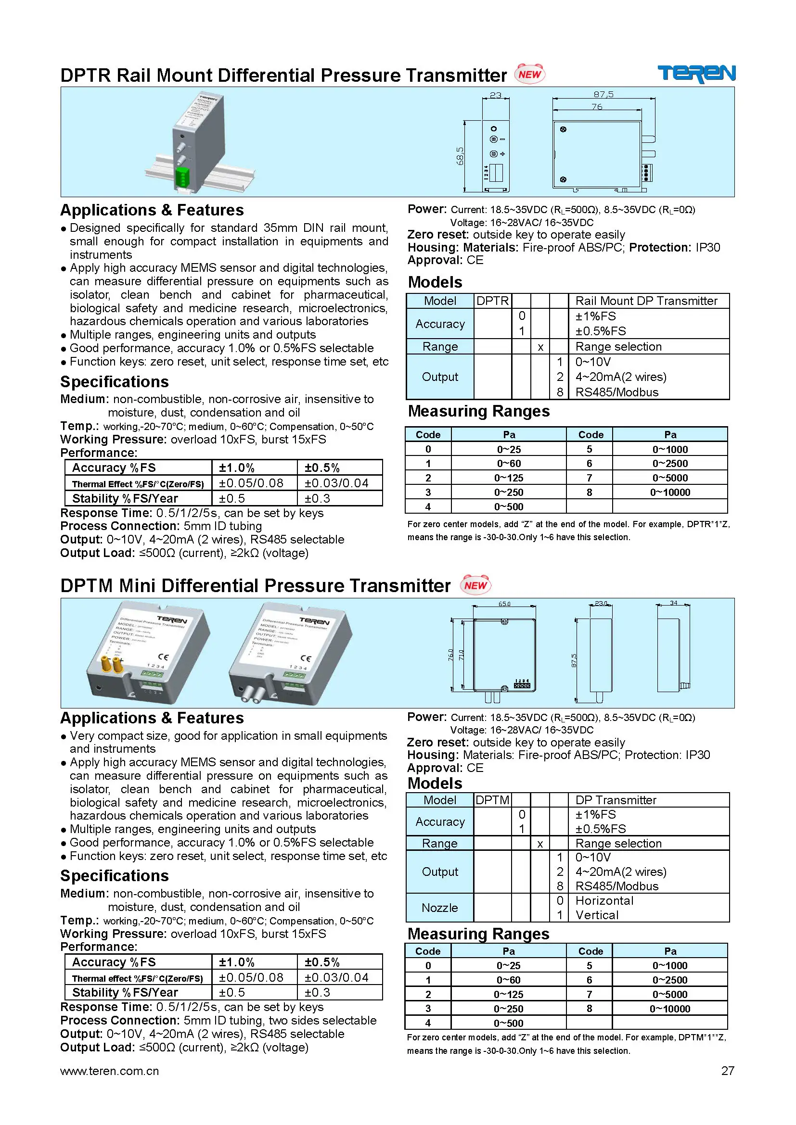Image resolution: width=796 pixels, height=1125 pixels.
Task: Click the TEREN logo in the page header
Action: coord(695,74)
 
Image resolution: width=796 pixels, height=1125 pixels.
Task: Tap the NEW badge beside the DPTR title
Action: coord(529,74)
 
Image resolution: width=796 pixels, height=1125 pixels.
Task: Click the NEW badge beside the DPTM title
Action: coord(475,585)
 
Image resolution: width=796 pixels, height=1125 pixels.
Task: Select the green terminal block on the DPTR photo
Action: coord(182,177)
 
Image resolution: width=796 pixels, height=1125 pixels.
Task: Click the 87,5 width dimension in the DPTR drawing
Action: coord(603,94)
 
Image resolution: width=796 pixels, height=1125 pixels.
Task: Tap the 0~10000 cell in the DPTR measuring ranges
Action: coord(669,492)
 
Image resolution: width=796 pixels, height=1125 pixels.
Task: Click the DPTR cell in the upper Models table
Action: coord(492,301)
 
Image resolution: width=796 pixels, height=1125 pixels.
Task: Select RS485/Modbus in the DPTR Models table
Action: coord(616,392)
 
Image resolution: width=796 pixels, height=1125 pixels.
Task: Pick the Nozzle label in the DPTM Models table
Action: coord(440,908)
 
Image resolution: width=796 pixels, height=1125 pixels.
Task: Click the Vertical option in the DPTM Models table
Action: coord(596,915)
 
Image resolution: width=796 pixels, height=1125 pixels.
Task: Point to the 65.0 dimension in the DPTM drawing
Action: coord(504,604)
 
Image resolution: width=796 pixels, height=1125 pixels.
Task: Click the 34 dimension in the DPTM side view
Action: coord(673,603)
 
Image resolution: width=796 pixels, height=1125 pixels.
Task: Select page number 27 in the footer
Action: coord(727,1071)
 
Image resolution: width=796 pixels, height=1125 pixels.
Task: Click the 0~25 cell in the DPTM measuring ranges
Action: coord(508,965)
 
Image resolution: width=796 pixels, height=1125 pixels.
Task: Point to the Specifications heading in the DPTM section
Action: coord(114,875)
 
